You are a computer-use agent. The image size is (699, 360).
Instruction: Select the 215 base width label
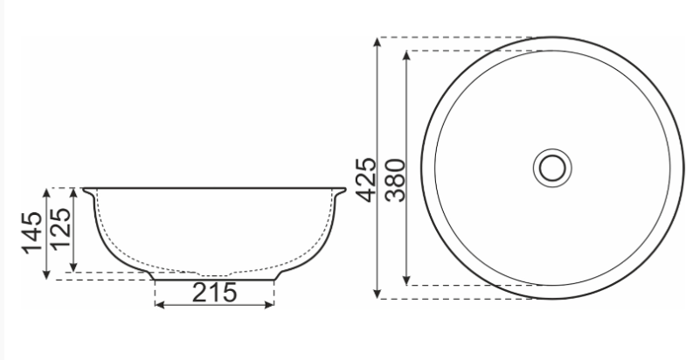pyautogui.click(x=214, y=292)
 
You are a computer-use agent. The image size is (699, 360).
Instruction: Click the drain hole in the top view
pyautogui.click(x=551, y=168)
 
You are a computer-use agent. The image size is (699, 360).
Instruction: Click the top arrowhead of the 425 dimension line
pyautogui.click(x=377, y=41)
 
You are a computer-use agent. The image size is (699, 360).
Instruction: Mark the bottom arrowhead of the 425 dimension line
pyautogui.click(x=377, y=294)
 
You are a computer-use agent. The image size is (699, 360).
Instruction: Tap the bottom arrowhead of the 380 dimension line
pyautogui.click(x=407, y=280)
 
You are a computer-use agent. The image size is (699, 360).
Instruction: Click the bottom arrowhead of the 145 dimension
pyautogui.click(x=47, y=277)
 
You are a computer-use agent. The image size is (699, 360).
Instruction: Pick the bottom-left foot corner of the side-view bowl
pyautogui.click(x=156, y=280)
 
